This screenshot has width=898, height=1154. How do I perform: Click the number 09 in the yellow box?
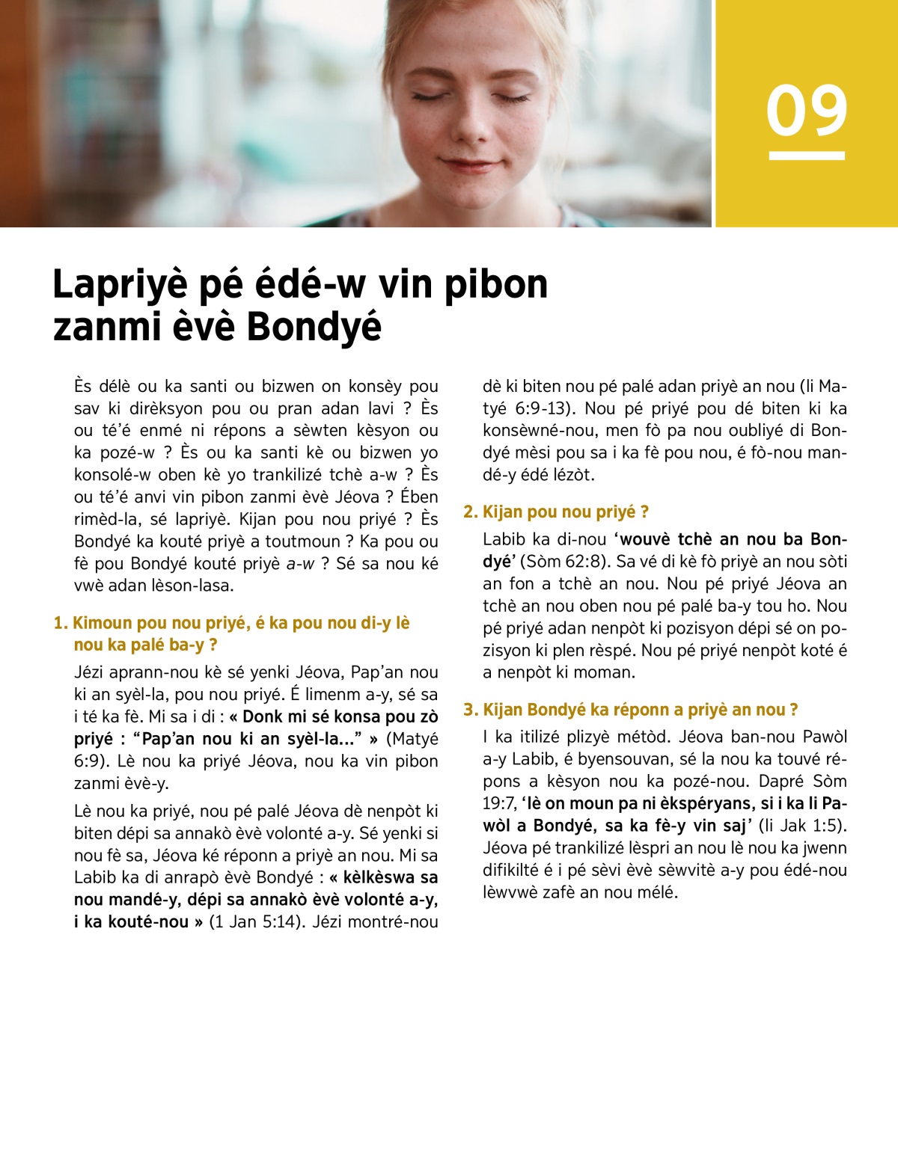(806, 111)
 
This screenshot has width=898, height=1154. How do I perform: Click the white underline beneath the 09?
(806, 156)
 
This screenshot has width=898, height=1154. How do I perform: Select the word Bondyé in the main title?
(314, 327)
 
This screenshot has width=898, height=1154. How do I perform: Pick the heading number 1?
(60, 623)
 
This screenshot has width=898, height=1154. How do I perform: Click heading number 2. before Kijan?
(470, 512)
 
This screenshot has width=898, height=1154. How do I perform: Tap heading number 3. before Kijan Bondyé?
(470, 710)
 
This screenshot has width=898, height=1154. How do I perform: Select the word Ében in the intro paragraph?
(420, 497)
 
